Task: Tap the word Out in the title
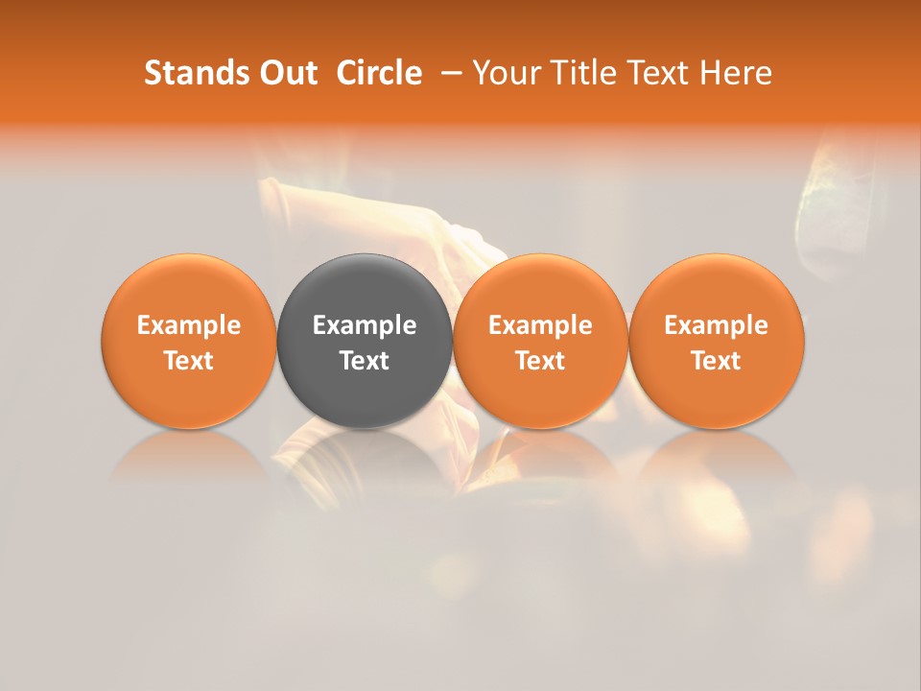[285, 73]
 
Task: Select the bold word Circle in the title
[379, 73]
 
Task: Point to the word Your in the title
[505, 73]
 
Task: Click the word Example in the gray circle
[365, 325]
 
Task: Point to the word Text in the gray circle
[365, 361]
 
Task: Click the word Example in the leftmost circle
[189, 325]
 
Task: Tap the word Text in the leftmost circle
[189, 361]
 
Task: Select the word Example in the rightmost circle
[717, 325]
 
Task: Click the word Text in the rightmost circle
[717, 361]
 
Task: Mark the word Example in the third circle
[540, 325]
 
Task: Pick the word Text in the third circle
[540, 361]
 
